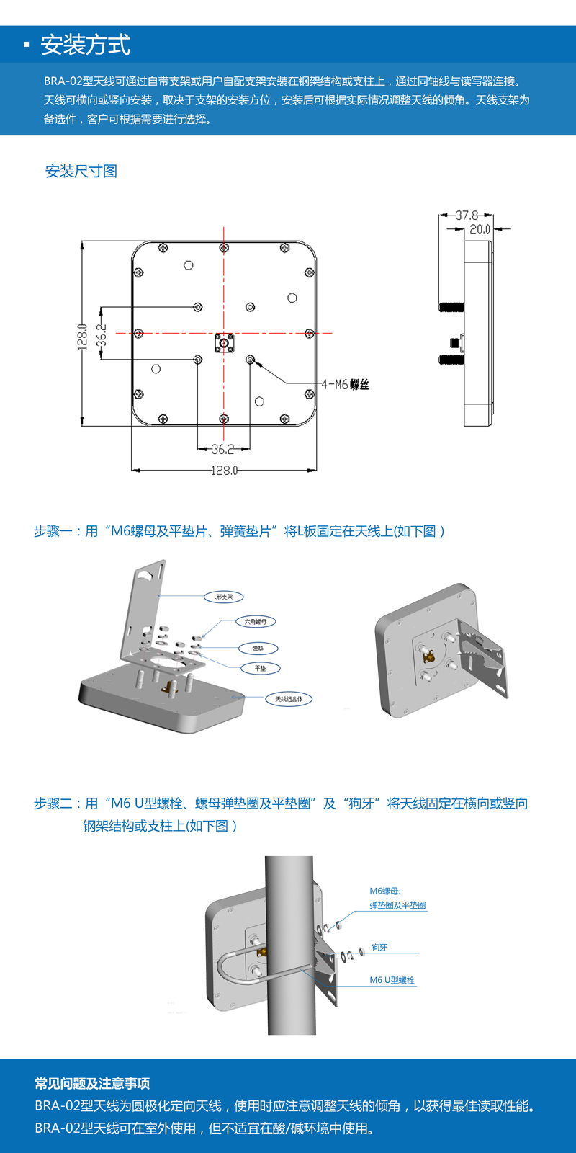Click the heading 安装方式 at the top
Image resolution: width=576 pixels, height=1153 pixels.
click(x=85, y=45)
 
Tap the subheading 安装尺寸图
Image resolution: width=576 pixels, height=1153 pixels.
click(x=81, y=172)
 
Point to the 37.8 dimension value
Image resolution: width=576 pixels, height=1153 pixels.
click(x=467, y=215)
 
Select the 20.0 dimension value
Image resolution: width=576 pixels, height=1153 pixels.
click(x=480, y=229)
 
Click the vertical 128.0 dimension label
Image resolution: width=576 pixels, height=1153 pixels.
click(x=83, y=337)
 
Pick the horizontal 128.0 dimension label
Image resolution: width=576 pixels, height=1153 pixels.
click(x=224, y=471)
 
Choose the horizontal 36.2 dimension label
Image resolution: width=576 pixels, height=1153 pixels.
click(x=222, y=450)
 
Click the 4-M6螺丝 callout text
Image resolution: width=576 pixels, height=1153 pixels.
click(x=345, y=385)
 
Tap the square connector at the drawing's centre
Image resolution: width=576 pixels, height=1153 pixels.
click(x=224, y=343)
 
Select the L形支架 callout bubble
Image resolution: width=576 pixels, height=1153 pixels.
click(x=223, y=597)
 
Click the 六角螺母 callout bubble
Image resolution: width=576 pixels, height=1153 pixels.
click(x=255, y=621)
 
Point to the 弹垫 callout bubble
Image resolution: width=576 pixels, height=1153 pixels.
click(x=258, y=649)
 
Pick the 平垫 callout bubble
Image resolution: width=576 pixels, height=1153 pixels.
click(x=260, y=669)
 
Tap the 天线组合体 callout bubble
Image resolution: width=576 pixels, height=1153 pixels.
click(x=289, y=699)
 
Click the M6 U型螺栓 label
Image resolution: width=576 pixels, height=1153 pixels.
click(x=392, y=980)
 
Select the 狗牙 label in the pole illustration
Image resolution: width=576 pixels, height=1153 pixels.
click(x=379, y=948)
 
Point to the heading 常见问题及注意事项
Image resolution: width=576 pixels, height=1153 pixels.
click(x=92, y=1084)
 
